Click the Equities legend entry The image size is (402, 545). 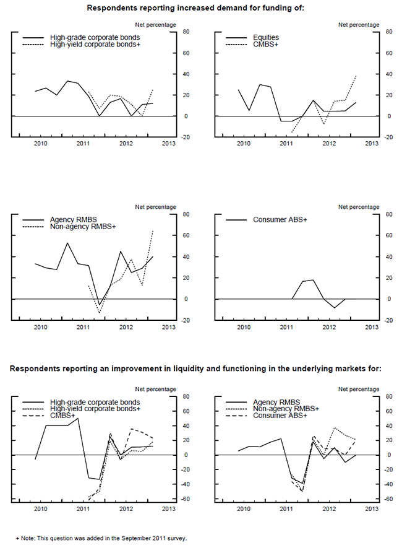[x=266, y=38]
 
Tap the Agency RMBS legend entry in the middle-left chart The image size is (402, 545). [x=72, y=220]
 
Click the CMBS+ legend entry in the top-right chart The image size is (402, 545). [x=263, y=45]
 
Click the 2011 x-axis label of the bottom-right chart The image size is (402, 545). [x=286, y=508]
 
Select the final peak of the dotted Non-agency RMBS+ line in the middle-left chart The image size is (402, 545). [x=153, y=230]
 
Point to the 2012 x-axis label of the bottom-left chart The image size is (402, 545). [x=125, y=508]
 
